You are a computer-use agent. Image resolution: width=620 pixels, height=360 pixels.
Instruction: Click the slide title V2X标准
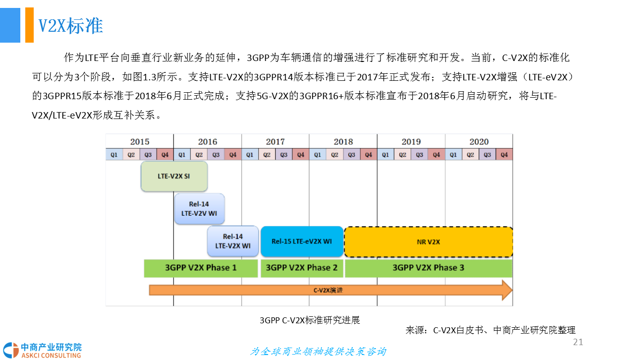click(x=70, y=26)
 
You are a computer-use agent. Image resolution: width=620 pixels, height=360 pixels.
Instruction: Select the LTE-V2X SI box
click(x=174, y=176)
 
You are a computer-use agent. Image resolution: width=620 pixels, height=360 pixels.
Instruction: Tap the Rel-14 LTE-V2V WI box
click(x=199, y=208)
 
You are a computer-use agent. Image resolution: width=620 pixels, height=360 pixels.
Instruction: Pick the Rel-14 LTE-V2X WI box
click(x=232, y=241)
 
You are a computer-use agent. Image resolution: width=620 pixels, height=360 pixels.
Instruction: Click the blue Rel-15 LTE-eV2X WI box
click(x=302, y=241)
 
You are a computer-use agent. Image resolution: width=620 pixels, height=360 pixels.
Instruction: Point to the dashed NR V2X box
click(x=428, y=242)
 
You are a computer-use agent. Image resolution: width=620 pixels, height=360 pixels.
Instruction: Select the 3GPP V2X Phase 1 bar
click(x=201, y=268)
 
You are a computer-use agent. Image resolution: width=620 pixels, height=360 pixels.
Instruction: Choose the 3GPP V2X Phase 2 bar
click(x=301, y=268)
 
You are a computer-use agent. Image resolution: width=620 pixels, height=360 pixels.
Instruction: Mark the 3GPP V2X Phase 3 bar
click(x=428, y=268)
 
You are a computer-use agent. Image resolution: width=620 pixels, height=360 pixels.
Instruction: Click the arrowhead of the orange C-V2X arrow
click(x=507, y=290)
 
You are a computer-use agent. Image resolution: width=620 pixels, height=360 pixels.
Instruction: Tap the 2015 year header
click(x=140, y=142)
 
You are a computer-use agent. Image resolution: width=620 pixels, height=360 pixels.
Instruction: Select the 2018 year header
click(x=343, y=142)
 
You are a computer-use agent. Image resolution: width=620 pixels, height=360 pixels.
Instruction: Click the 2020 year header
click(x=479, y=142)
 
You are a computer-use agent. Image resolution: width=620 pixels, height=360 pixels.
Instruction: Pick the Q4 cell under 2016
click(x=233, y=155)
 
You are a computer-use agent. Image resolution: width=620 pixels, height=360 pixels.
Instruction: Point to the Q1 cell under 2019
click(x=386, y=155)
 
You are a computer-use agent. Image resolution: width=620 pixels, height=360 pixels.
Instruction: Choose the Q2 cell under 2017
click(x=267, y=155)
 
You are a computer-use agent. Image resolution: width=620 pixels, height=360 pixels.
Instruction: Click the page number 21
click(x=578, y=343)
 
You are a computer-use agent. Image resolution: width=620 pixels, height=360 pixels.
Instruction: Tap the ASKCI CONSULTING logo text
click(x=51, y=355)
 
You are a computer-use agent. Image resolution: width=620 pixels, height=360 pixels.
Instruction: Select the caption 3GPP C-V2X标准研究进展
click(x=310, y=320)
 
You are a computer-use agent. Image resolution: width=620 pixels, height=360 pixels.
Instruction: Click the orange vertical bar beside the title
click(x=29, y=25)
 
